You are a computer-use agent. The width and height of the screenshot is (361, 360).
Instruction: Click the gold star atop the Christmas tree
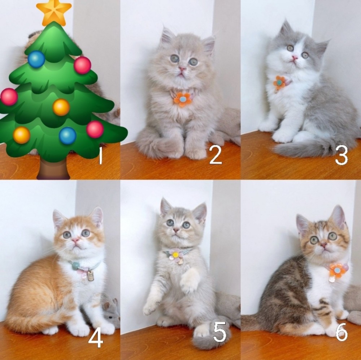click(x=54, y=13)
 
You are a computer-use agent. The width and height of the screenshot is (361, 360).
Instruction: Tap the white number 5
click(x=219, y=332)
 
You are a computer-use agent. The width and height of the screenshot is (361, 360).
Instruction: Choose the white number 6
click(x=341, y=332)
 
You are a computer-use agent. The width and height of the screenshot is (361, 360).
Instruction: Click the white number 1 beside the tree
click(x=100, y=155)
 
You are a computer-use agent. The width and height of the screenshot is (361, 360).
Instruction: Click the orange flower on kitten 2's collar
click(x=183, y=99)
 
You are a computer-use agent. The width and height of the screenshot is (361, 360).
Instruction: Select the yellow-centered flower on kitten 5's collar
click(x=175, y=255)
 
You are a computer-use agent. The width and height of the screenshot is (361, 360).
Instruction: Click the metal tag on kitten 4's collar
click(x=91, y=276)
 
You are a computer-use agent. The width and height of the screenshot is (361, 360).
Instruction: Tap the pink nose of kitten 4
click(x=75, y=241)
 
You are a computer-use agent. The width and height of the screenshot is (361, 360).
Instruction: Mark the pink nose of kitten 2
click(x=182, y=69)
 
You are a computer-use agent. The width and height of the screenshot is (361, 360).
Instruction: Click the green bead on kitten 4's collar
click(x=75, y=266)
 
